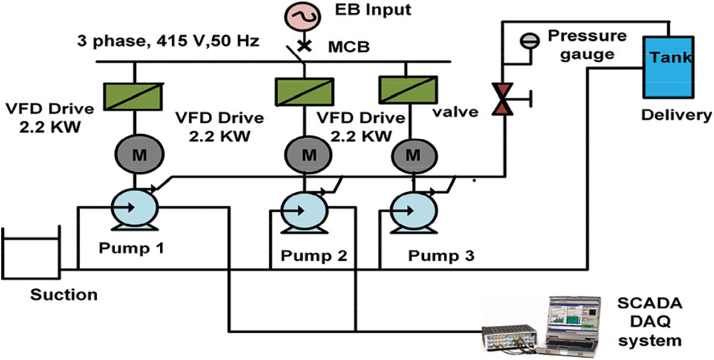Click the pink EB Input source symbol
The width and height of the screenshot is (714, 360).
(305, 19)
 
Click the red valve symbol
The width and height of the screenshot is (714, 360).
(503, 99)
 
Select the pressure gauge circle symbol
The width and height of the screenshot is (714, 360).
(530, 40)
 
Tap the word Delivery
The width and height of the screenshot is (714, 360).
(676, 115)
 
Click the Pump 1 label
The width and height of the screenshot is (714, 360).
(131, 248)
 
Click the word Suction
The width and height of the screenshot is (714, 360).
(64, 295)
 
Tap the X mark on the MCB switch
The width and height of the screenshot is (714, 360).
(305, 45)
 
